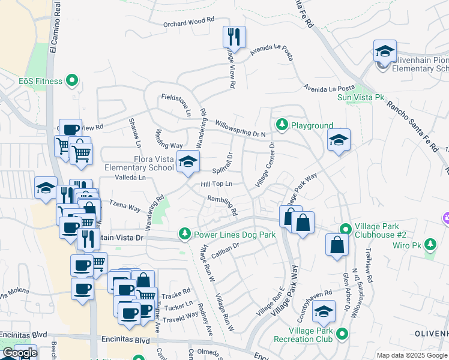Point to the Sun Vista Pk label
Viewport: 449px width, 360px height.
pos(360,97)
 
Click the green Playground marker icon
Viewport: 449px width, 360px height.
pos(282,125)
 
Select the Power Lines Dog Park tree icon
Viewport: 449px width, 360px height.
pos(185,235)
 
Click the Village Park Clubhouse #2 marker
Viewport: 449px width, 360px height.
pos(346,229)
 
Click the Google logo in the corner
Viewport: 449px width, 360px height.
pos(19,353)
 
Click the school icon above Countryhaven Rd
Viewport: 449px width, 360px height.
pos(324,312)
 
